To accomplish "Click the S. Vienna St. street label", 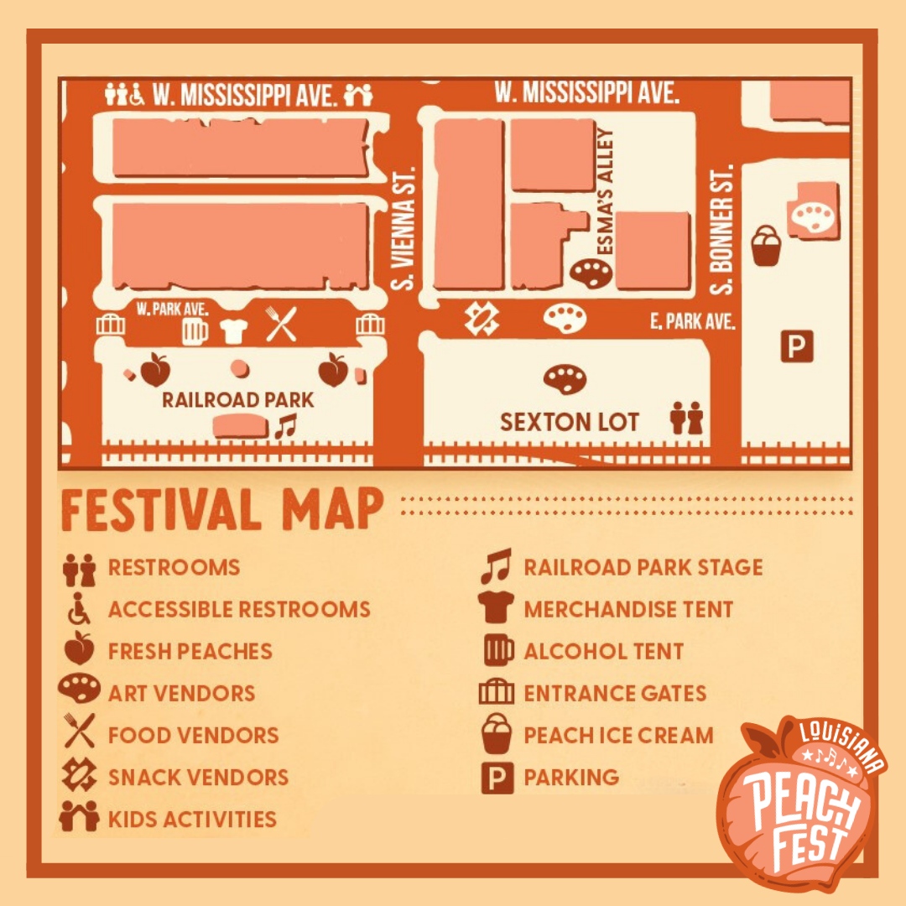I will tap(405, 228).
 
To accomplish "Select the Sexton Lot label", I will tap(570, 421).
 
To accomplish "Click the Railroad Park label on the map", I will tap(237, 399).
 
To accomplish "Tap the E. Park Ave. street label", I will tap(693, 322).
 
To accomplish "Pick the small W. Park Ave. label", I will tap(172, 309).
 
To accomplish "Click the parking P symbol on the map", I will tap(797, 345).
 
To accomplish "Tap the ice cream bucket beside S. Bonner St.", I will tap(766, 246).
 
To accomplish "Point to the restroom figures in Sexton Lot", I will tap(685, 418).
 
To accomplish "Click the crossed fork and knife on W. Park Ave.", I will tap(281, 324).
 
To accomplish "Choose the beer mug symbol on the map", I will tap(195, 330).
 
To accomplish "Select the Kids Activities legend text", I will tap(192, 819).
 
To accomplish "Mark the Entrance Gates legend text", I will tap(615, 693).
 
